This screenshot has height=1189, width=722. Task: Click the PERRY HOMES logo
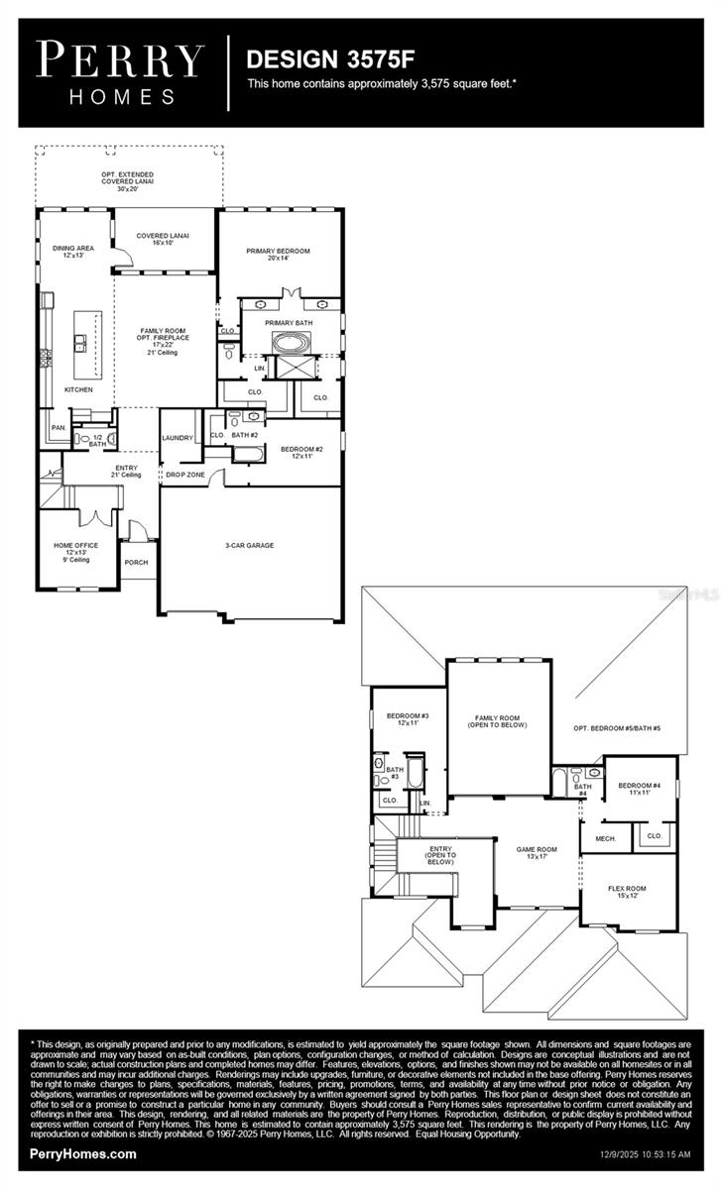(121, 71)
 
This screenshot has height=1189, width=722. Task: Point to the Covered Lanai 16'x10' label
(163, 239)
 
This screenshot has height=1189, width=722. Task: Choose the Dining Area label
(73, 252)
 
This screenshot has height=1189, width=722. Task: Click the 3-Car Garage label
(249, 545)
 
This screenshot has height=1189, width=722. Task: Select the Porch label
(136, 562)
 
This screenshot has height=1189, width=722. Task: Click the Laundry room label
(177, 437)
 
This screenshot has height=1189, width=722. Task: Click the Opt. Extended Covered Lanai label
(128, 179)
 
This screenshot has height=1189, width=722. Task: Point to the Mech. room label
(605, 838)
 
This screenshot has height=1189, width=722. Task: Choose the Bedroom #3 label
(407, 719)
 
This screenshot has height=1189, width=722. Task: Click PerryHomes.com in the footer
(84, 1154)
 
